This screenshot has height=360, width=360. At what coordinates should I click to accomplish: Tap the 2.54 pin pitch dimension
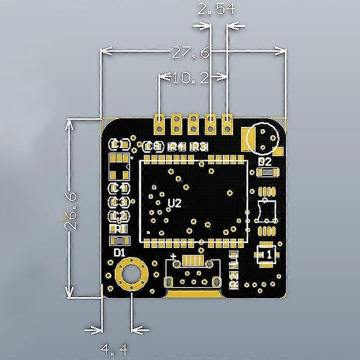217,9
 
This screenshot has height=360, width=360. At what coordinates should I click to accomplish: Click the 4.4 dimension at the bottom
114,348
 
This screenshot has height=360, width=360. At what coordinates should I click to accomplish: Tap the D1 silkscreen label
119,253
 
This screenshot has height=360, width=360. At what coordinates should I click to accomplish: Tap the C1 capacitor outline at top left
119,144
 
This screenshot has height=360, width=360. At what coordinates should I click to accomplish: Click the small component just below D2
265,172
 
